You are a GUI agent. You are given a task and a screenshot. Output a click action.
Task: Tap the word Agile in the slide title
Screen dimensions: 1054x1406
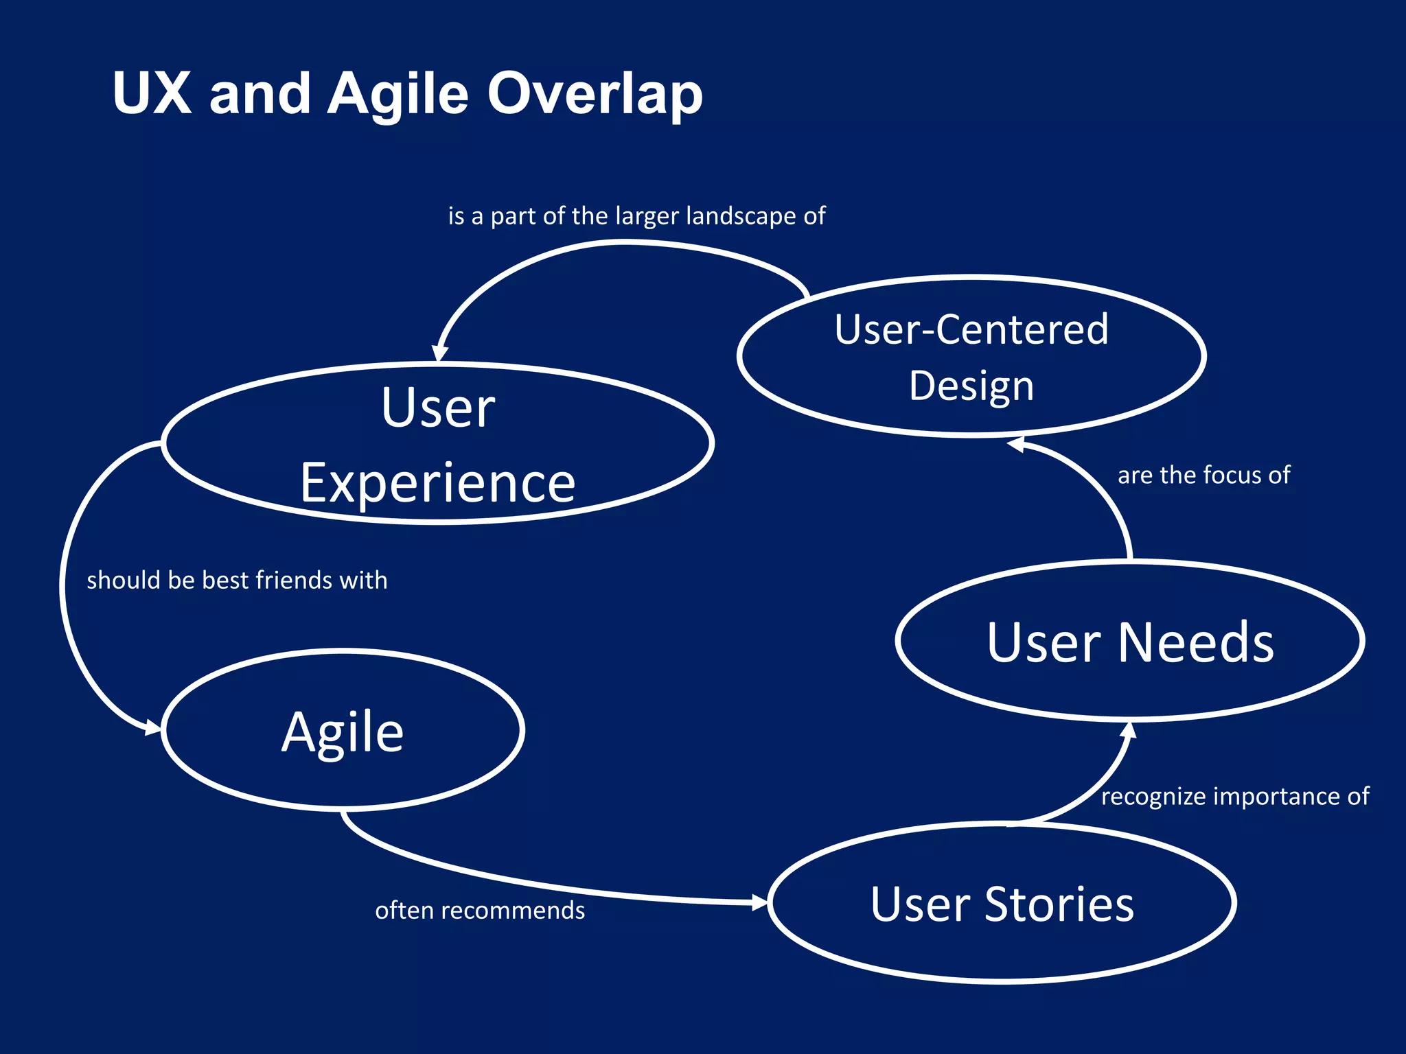(x=397, y=94)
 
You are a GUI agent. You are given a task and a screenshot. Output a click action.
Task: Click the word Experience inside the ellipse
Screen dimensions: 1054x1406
(x=437, y=483)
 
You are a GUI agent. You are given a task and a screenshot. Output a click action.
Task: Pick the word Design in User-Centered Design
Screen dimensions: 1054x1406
(x=971, y=386)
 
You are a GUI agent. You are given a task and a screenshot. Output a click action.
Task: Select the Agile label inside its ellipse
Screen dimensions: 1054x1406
(x=343, y=732)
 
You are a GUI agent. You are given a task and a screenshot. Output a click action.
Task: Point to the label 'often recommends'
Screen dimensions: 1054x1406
(x=480, y=910)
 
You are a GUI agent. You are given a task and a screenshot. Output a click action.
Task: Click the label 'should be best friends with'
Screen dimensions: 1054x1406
(x=237, y=580)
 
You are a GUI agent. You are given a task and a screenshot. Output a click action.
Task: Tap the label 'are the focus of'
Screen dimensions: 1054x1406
(x=1203, y=475)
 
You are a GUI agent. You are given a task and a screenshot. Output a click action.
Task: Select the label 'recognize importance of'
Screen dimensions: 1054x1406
(x=1234, y=796)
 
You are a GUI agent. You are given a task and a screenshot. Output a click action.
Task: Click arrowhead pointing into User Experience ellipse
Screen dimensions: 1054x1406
(x=439, y=353)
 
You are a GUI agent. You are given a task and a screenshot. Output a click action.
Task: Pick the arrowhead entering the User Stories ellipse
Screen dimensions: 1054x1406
(x=759, y=902)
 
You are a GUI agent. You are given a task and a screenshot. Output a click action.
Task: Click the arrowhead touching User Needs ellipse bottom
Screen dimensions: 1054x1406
(x=1128, y=729)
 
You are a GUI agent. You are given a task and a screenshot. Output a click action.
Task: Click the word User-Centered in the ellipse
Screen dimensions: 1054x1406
(x=971, y=329)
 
